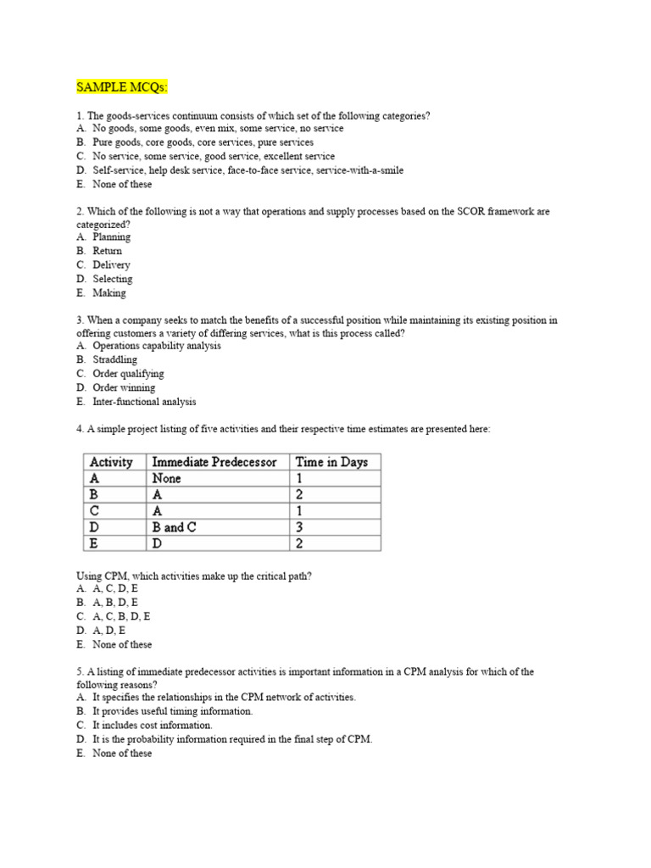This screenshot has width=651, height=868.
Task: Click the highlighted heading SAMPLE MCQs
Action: coord(122,87)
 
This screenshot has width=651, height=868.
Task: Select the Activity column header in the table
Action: coord(111,462)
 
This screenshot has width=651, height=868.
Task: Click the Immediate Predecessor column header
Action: coord(214,462)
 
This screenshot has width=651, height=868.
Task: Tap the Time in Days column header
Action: coord(331,462)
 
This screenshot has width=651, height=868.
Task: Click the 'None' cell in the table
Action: coord(166,478)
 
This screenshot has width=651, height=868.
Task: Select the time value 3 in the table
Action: coord(298,527)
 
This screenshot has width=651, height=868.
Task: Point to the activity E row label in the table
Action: coord(94,543)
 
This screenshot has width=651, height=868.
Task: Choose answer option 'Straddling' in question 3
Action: coord(114,359)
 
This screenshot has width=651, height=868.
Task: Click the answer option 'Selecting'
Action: coord(113,279)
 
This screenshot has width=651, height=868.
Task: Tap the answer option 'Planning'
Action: coord(112,237)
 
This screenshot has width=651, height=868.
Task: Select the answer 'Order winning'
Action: coord(124,387)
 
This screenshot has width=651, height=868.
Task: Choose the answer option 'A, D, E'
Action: coord(109,631)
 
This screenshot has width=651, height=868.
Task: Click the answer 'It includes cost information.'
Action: coord(153,726)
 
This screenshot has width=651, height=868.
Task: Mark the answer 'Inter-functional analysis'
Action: coord(144,402)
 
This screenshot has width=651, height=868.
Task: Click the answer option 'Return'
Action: coord(108,251)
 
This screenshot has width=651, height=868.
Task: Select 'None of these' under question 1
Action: coord(122,184)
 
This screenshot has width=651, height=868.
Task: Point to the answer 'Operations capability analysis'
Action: coord(157,346)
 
